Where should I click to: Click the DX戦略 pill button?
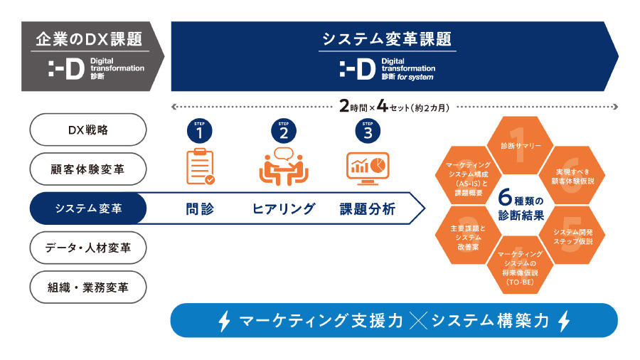click(88, 129)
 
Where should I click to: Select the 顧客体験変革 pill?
click(88, 169)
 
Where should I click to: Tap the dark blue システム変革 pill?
click(88, 208)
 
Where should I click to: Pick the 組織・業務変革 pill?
click(88, 287)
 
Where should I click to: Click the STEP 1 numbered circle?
click(200, 131)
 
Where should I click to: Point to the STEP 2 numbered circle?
click(284, 131)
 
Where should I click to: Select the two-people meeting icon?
click(284, 166)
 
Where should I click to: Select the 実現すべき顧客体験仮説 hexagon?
click(575, 176)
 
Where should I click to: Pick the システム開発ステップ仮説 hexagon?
click(575, 236)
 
